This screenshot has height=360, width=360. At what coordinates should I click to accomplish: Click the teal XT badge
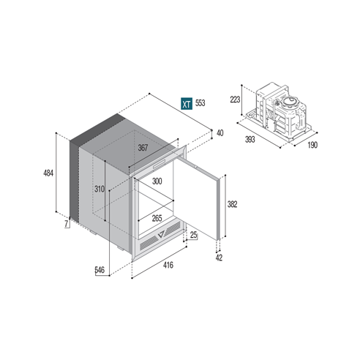[x=187, y=104]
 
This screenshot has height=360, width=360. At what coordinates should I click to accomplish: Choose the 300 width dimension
[x=157, y=180]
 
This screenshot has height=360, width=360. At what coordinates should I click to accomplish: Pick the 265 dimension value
[x=157, y=218]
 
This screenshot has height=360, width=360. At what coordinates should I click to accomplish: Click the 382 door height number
[x=232, y=205]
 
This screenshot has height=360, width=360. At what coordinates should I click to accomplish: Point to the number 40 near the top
[x=220, y=132]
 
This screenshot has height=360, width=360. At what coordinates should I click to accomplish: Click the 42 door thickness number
[x=220, y=256]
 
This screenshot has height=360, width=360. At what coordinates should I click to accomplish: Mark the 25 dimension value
[x=193, y=235]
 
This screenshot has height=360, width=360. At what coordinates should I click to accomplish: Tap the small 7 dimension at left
[x=66, y=225]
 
